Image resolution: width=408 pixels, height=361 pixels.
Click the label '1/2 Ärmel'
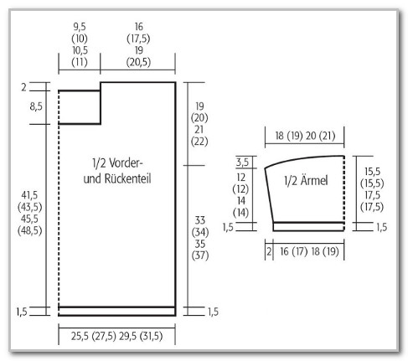click(x=306, y=180)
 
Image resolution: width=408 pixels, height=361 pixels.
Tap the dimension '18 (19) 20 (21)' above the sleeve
click(x=305, y=136)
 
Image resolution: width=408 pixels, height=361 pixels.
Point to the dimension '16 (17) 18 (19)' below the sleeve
click(x=309, y=251)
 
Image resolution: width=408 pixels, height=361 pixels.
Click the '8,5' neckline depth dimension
click(x=36, y=106)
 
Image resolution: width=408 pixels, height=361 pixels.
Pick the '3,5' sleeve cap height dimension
click(x=242, y=162)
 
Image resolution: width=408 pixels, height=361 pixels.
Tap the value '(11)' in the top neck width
click(x=80, y=62)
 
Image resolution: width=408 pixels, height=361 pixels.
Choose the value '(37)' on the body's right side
click(x=200, y=255)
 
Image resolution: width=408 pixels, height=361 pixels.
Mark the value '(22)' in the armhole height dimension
click(x=199, y=142)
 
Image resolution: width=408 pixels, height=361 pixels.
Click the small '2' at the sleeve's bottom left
click(x=269, y=252)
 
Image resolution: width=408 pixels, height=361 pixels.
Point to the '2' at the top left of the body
click(x=24, y=87)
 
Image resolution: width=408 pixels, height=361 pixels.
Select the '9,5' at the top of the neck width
click(x=80, y=27)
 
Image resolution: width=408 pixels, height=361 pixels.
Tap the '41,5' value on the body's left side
click(x=29, y=195)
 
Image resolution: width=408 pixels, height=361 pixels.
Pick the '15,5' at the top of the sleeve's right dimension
click(x=372, y=172)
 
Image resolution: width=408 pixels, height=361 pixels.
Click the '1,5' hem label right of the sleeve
click(x=381, y=227)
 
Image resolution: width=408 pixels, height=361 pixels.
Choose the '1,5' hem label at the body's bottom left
click(x=22, y=312)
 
